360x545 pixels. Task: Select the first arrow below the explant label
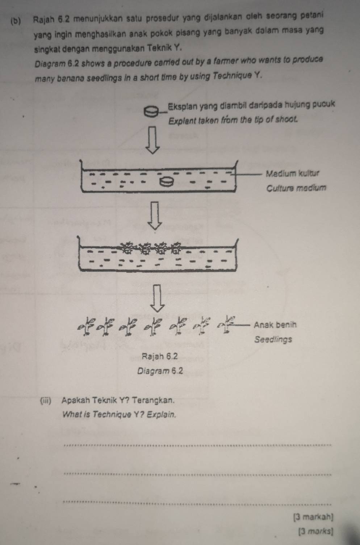(x=152, y=139)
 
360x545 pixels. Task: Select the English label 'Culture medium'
(x=296, y=188)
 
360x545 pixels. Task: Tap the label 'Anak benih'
(x=275, y=324)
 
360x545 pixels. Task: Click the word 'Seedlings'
(x=273, y=340)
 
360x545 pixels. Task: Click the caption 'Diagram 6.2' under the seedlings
(x=160, y=371)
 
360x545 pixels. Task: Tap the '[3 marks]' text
(x=314, y=532)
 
